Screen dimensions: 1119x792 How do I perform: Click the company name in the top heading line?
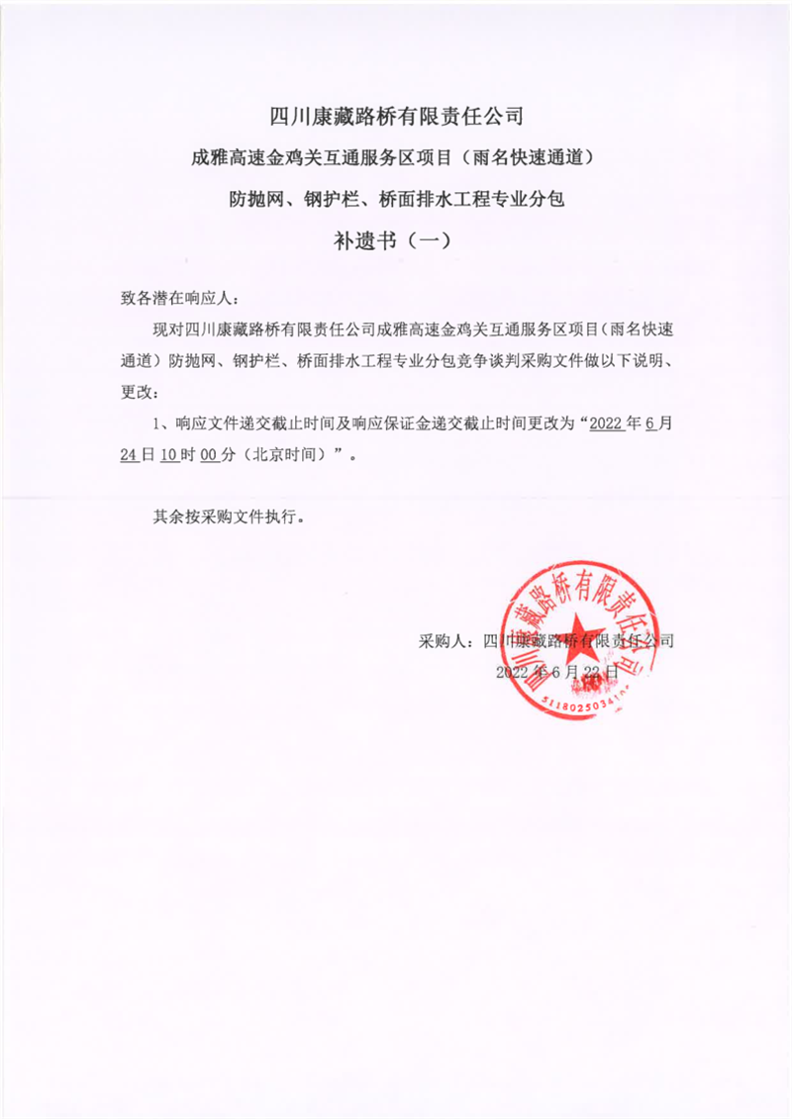[396, 118]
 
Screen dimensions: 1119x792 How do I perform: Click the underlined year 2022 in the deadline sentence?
[605, 423]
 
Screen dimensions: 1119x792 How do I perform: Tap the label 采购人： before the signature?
[448, 640]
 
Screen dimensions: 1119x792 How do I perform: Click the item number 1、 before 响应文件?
[163, 423]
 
